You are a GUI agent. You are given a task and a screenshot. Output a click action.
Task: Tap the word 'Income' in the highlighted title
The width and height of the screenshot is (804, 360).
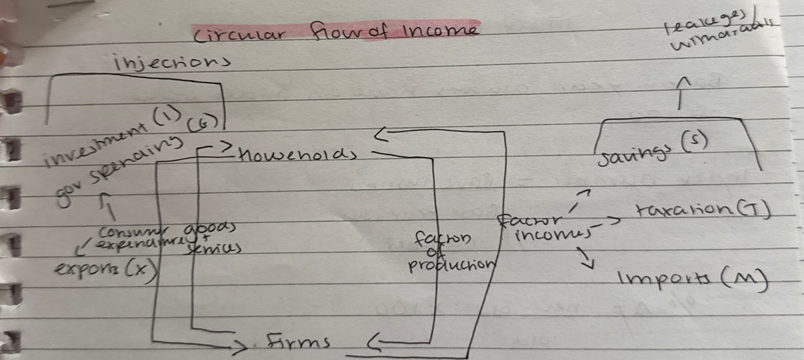439,30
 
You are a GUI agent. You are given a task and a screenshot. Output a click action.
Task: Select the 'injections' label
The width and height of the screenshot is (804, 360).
171,62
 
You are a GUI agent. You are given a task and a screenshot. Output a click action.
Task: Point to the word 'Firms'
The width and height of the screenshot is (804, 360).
299,343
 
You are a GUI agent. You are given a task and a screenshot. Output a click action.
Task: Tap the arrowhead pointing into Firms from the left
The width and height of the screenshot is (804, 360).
240,347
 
